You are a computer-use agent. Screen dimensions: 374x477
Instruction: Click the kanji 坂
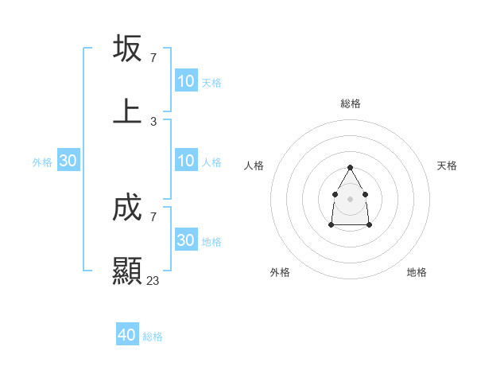tap(127, 48)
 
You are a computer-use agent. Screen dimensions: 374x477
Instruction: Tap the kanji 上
tap(127, 111)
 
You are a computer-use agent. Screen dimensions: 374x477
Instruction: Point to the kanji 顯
tap(127, 271)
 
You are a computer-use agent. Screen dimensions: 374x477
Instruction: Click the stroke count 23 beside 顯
tap(153, 280)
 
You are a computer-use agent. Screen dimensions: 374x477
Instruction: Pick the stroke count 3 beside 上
tap(153, 121)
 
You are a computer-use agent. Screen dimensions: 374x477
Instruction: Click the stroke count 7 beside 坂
tap(153, 57)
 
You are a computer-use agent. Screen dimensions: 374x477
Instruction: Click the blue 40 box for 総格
tap(127, 335)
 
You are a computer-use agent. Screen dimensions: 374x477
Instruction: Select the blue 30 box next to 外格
tap(68, 161)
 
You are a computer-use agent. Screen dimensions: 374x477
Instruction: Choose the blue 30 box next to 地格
tap(186, 240)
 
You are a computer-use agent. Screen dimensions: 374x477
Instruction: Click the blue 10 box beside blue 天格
tap(186, 81)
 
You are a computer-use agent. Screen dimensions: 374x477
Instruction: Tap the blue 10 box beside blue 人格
tap(186, 161)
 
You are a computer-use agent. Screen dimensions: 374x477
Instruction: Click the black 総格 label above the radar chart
tap(351, 103)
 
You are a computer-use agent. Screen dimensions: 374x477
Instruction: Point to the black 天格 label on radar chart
tap(447, 166)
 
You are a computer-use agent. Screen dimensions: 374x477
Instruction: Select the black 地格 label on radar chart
tap(417, 272)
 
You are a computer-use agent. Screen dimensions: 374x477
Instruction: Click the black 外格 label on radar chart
tap(280, 272)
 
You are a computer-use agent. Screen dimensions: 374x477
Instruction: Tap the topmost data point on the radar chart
tap(350, 168)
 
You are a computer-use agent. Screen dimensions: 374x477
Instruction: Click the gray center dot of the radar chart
tap(350, 197)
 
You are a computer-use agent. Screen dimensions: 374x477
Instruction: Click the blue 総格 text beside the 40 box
tap(153, 337)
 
